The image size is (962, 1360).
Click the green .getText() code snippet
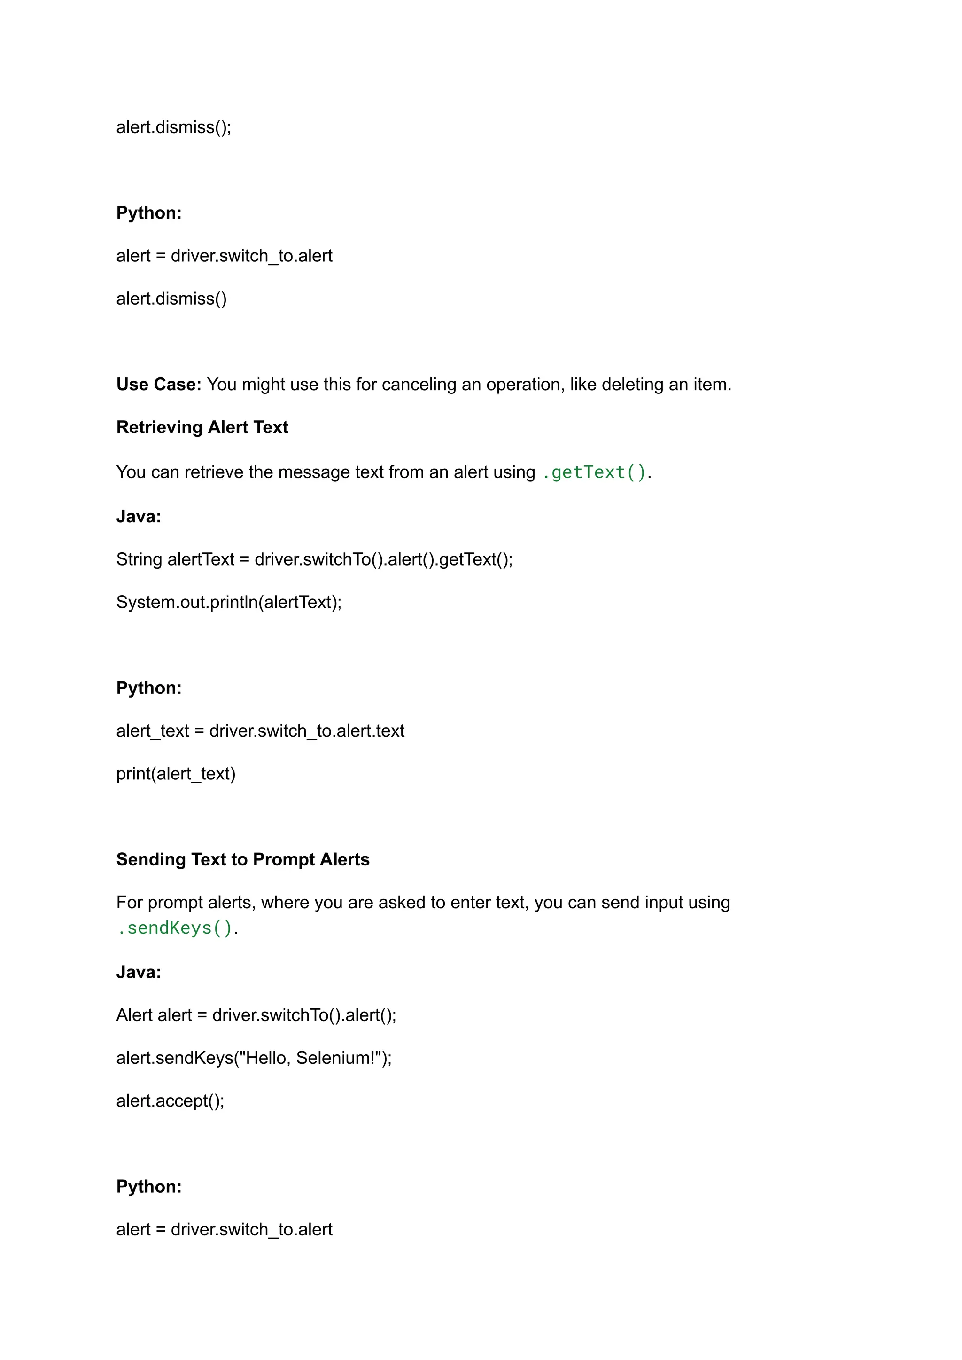tap(594, 472)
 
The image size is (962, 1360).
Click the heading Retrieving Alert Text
tap(202, 427)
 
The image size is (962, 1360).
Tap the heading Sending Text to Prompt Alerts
tap(242, 860)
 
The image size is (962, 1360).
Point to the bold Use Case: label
tap(159, 385)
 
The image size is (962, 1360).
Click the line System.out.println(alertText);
tap(229, 602)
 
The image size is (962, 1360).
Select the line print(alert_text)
tap(176, 774)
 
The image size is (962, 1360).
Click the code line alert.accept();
tap(170, 1101)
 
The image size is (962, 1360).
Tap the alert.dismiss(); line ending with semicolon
tap(173, 127)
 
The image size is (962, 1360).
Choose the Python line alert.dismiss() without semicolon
tap(171, 299)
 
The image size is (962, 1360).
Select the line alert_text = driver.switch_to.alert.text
tap(260, 731)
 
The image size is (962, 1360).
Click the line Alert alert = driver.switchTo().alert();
tap(256, 1015)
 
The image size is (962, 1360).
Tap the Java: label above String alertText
tap(139, 517)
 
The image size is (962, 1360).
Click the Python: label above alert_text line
tap(149, 688)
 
